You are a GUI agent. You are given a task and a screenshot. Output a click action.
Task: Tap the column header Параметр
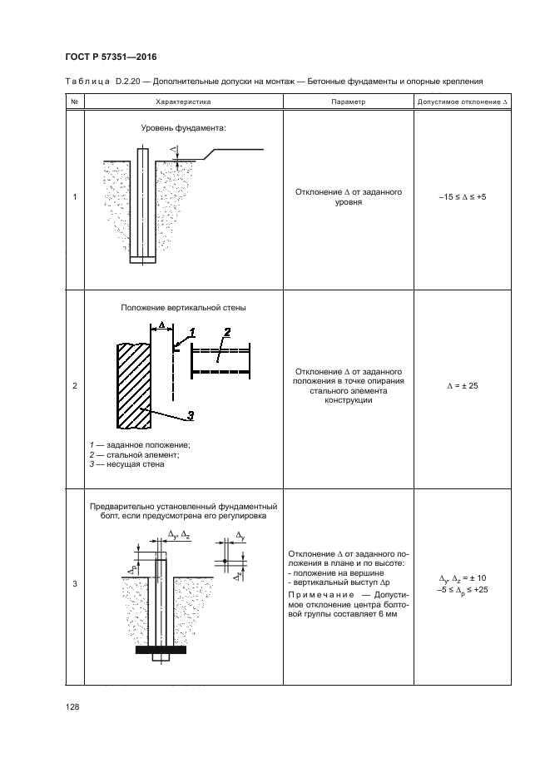pos(348,102)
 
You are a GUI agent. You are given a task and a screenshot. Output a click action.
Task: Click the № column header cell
pos(75,102)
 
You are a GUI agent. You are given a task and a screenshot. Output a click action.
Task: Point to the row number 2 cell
pos(75,385)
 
